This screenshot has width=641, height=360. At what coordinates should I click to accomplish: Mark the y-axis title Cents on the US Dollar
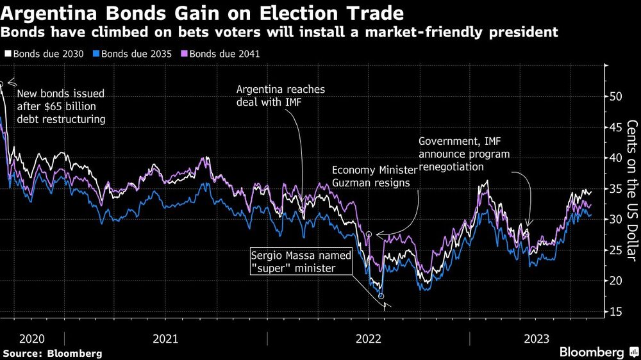[x=631, y=190]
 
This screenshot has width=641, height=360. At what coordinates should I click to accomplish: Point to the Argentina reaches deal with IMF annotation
[x=281, y=96]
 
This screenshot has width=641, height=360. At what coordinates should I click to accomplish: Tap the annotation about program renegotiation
[x=464, y=154]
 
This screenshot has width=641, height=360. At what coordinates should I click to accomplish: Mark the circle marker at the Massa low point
[x=381, y=296]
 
